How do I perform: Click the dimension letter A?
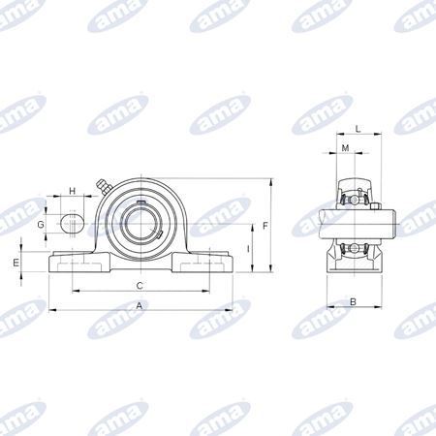pos(140,305)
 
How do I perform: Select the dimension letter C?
pos(140,286)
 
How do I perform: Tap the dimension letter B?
pos(354,301)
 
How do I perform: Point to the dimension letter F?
pos(265,226)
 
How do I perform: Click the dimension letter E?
pos(16,263)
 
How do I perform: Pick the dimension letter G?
pos(41,224)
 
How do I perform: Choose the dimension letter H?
pos(73,191)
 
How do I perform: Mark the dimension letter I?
pos(248,249)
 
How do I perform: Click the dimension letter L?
pos(358,129)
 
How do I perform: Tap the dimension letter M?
pos(345,148)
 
